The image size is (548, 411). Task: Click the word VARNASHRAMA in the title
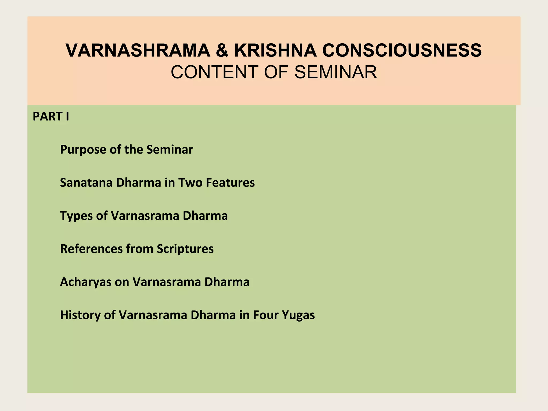[x=138, y=51]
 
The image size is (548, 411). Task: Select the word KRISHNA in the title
[x=275, y=51]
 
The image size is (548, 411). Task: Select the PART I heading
[x=51, y=117]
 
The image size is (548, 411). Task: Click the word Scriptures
[x=185, y=249]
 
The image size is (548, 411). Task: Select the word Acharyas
[x=86, y=282]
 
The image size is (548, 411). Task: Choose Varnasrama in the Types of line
[x=145, y=216]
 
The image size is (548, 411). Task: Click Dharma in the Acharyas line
[x=227, y=282]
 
